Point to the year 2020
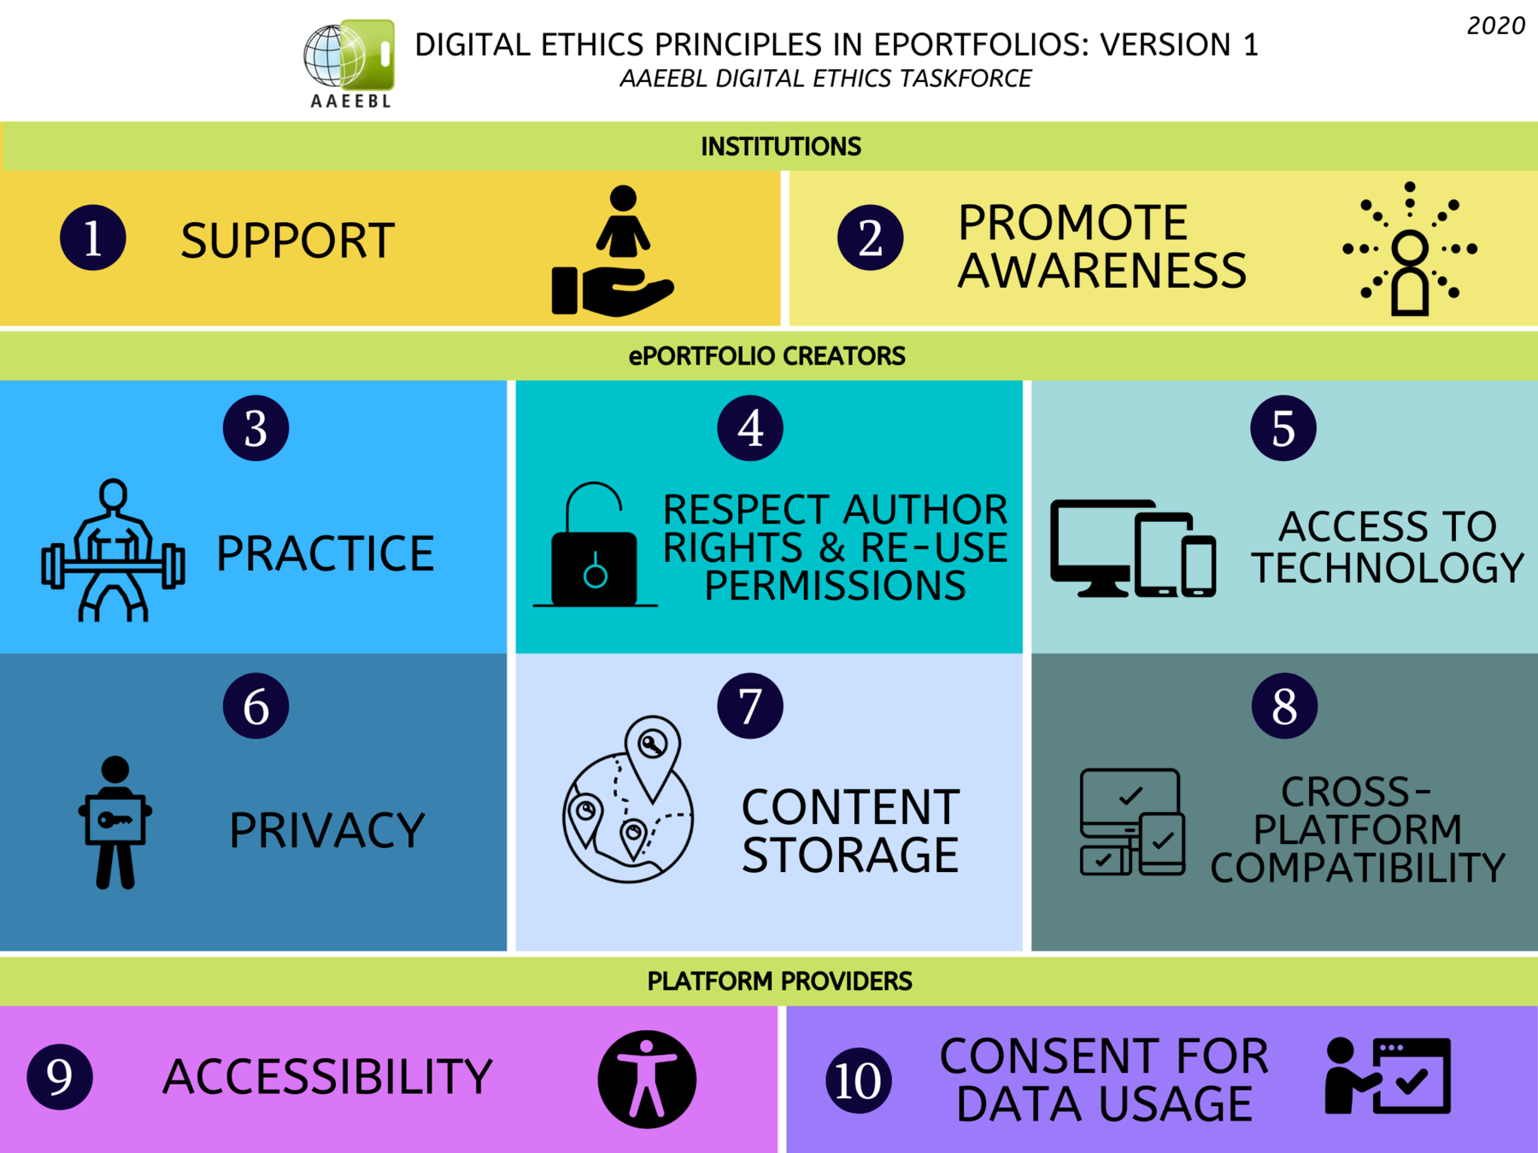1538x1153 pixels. click(x=1495, y=26)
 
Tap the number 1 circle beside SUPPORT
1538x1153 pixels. click(x=93, y=238)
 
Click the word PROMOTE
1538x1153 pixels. click(x=1072, y=223)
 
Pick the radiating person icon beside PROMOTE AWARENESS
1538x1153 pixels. click(x=1410, y=249)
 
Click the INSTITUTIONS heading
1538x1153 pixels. click(x=780, y=147)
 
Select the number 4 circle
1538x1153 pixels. click(x=750, y=428)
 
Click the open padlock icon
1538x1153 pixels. click(x=595, y=547)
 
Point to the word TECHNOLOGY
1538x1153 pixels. click(x=1388, y=568)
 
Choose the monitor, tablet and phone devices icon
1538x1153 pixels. click(x=1132, y=548)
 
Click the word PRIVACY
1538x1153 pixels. click(x=326, y=830)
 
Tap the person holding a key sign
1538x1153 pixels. click(x=115, y=822)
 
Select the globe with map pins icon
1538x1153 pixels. click(x=628, y=801)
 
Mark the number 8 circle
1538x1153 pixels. click(x=1283, y=706)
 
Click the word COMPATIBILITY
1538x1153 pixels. click(x=1357, y=868)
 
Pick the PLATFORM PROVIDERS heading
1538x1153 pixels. click(x=779, y=981)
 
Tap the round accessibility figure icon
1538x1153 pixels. click(x=647, y=1080)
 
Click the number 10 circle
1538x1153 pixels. click(x=858, y=1080)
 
